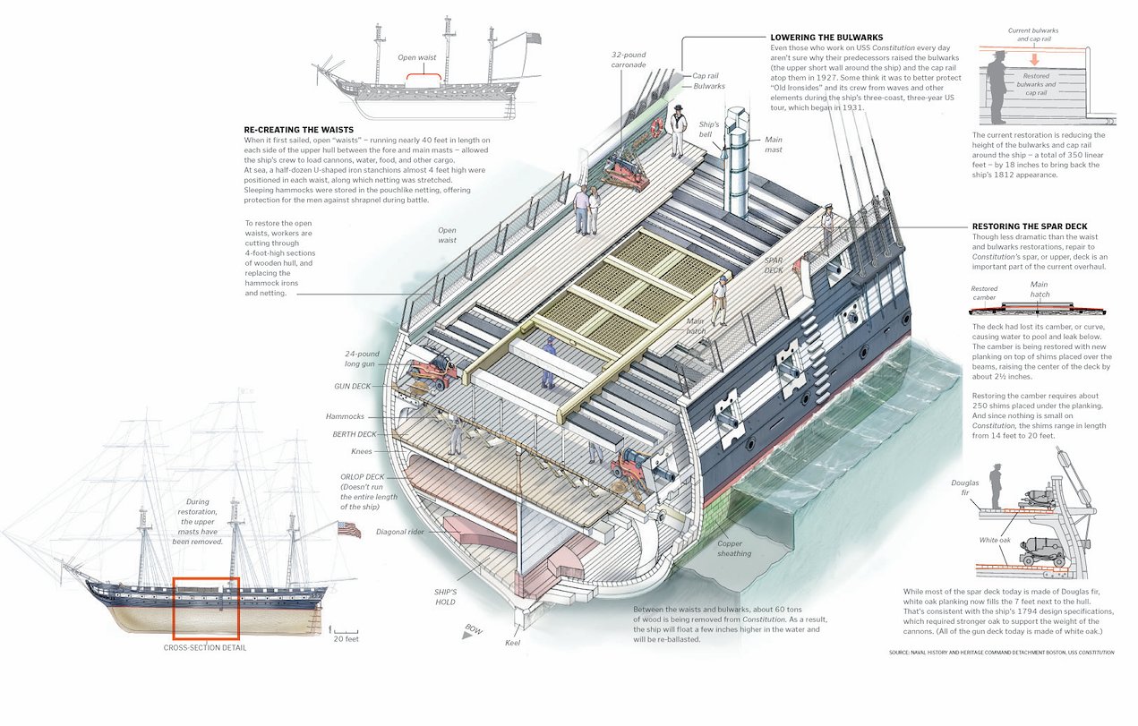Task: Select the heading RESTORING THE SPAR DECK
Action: [x=1031, y=226]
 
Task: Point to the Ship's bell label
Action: [x=709, y=129]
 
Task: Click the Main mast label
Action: [x=774, y=144]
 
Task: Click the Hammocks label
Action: [x=345, y=416]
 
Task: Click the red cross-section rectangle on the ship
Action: [x=206, y=609]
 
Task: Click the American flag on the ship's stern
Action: [x=349, y=529]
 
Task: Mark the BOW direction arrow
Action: [x=468, y=634]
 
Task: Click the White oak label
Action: [x=996, y=540]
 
